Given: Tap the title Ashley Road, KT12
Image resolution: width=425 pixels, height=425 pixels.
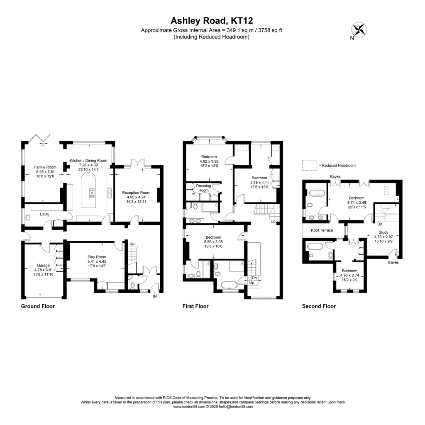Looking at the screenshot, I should (x=212, y=21).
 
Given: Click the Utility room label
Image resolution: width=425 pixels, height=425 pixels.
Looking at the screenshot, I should (x=45, y=214).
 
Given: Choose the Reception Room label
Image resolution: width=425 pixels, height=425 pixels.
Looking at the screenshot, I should (x=136, y=193).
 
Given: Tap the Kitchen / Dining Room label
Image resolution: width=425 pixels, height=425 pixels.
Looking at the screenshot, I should (x=88, y=160).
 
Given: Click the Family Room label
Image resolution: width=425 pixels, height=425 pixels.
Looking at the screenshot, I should (x=45, y=167).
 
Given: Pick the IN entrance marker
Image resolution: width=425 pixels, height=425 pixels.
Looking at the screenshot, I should (x=155, y=296).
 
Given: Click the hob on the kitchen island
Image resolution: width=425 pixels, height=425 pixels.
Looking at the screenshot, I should (x=91, y=193).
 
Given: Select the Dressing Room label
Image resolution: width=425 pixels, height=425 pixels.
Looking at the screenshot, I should (x=203, y=188).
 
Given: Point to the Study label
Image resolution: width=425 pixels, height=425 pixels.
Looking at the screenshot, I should (x=383, y=232).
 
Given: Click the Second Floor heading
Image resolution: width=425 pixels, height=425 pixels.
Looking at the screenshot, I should (x=319, y=306).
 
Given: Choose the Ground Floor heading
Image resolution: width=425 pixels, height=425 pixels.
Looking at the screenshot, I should (x=38, y=306).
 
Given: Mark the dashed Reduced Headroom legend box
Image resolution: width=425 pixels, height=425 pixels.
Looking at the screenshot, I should (x=309, y=165).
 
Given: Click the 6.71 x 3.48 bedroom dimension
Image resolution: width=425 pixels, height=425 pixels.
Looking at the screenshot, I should (x=357, y=203).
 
